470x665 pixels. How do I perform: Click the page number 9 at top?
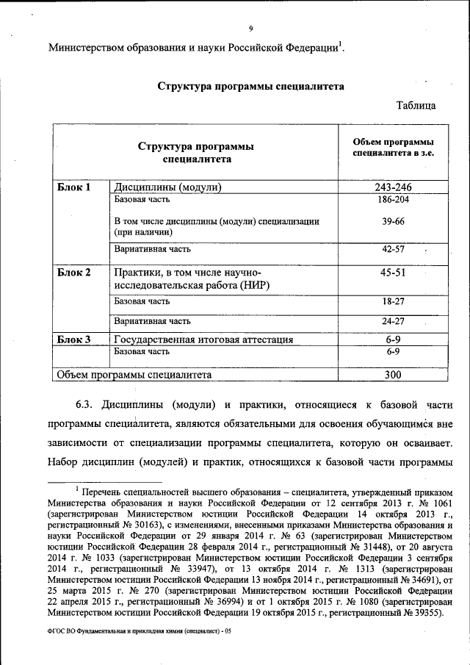(250, 29)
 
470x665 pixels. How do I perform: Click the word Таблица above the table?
(416, 105)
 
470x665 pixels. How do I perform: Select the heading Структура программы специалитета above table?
(251, 85)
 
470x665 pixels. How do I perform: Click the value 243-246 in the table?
(392, 187)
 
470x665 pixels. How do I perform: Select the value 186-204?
(392, 200)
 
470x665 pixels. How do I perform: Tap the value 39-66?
(392, 221)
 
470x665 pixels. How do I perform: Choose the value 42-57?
(392, 250)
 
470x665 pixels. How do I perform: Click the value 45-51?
(392, 273)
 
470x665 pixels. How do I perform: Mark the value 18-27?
(392, 301)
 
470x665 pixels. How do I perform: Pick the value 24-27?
(392, 321)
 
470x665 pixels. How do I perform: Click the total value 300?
(392, 375)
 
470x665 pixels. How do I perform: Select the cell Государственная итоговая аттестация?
(203, 339)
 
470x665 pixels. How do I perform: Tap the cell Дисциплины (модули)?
(167, 187)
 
